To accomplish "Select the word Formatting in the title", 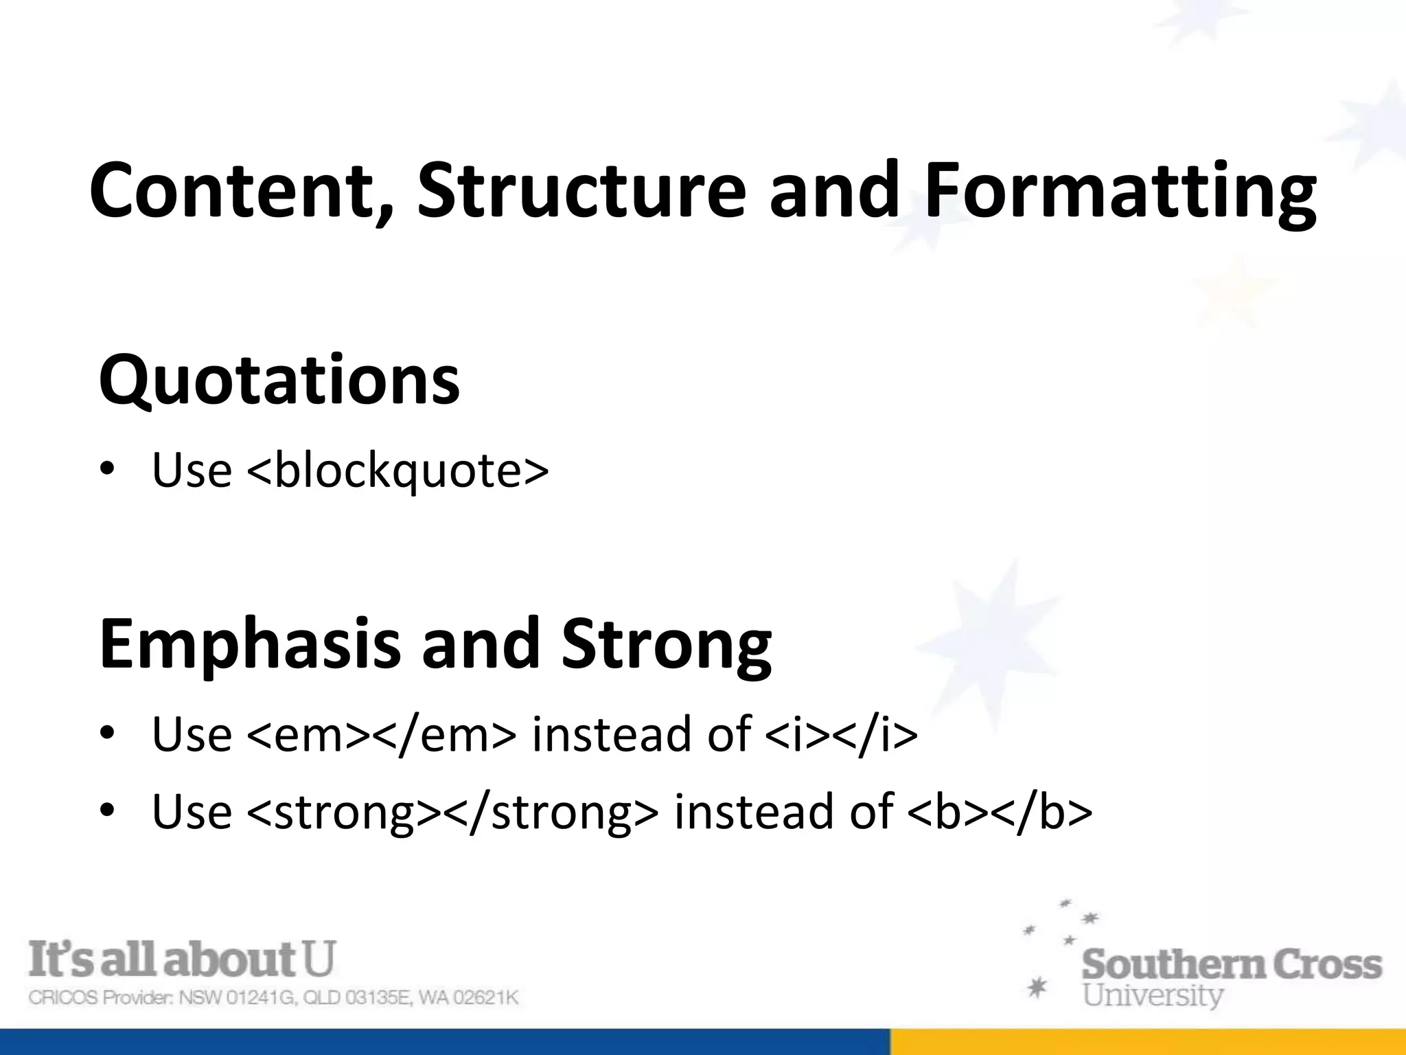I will (x=1120, y=192).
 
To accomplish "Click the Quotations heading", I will (x=279, y=380).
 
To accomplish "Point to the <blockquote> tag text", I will (x=397, y=471).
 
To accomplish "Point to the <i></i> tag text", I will (x=841, y=734).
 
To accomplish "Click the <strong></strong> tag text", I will (x=452, y=812).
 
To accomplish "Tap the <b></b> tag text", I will (x=1000, y=812).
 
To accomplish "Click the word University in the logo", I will (x=1153, y=995).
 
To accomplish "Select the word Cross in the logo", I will (x=1328, y=964).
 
